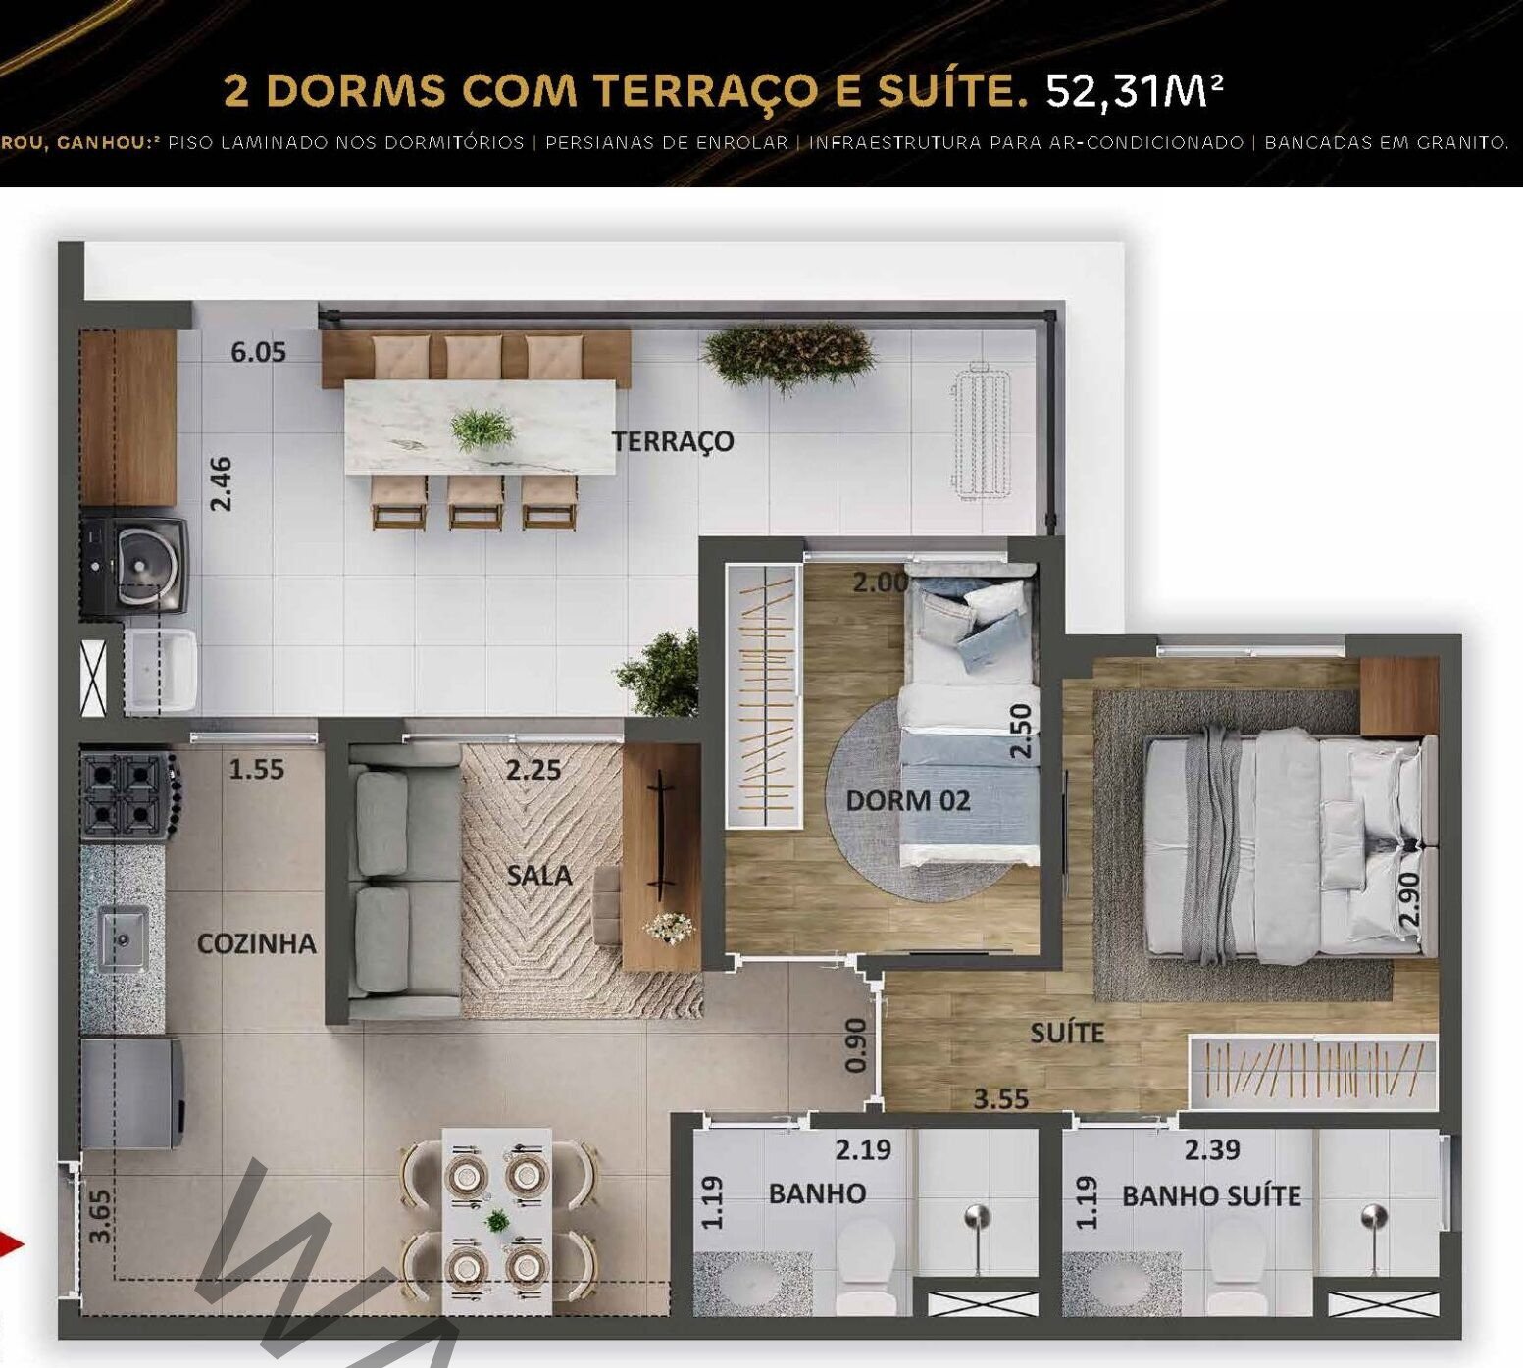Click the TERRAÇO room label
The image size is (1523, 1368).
pos(673,441)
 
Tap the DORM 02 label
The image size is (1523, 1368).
pos(908,800)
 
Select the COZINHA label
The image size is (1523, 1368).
pos(257,943)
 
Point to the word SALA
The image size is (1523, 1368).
pos(539,875)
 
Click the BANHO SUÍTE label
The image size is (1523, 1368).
pos(1211,1195)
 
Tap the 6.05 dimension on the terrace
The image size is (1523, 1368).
pos(259,352)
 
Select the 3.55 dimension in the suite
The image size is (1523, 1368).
pos(1000,1099)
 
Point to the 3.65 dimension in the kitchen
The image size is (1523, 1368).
pos(99,1216)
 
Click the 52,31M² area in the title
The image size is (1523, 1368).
pos(1135,90)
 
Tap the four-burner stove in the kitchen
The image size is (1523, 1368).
pos(127,795)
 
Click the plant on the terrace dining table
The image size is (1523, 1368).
pos(482,430)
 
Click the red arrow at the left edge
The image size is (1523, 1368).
pos(11,1245)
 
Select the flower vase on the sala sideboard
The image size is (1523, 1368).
pos(671,925)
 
